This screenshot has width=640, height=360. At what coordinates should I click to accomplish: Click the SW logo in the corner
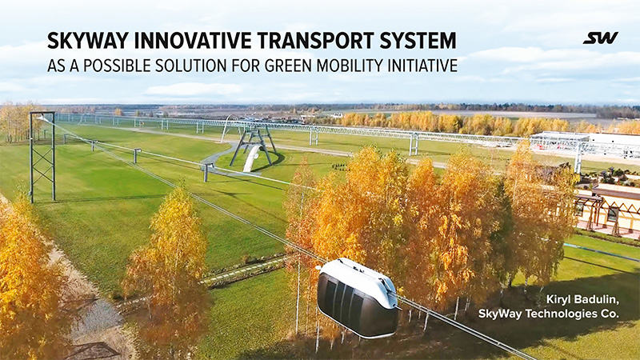click(x=600, y=38)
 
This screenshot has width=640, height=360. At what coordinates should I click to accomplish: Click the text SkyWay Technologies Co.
click(x=548, y=314)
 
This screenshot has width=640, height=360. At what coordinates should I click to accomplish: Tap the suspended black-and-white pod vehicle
click(x=357, y=297)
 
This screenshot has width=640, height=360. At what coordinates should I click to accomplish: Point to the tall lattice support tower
click(x=42, y=156)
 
